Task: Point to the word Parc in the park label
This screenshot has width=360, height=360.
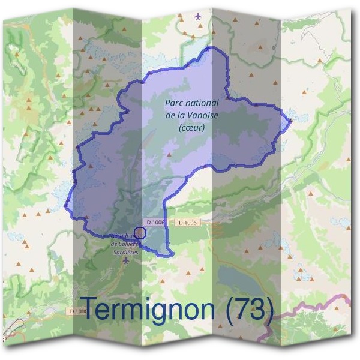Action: click(x=173, y=103)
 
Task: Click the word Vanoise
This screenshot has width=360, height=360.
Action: click(x=203, y=115)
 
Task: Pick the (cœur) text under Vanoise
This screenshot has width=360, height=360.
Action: click(x=192, y=127)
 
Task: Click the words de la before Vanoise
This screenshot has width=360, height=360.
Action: click(x=176, y=115)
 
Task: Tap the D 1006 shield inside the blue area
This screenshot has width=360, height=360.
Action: click(x=155, y=223)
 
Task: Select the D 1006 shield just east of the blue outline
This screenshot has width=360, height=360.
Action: click(x=187, y=223)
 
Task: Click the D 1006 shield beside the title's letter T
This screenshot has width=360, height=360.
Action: click(x=78, y=311)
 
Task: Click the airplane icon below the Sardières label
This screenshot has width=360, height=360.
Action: click(x=125, y=262)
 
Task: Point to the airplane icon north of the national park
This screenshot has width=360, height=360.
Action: click(x=198, y=16)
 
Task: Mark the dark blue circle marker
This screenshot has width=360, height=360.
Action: click(x=139, y=233)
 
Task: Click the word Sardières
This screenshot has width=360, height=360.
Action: click(x=125, y=253)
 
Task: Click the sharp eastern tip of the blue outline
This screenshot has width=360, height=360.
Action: click(x=291, y=121)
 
